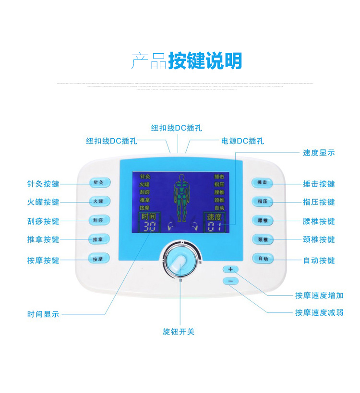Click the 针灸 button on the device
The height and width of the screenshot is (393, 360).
click(x=99, y=182)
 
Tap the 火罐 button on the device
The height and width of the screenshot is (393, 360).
click(x=99, y=201)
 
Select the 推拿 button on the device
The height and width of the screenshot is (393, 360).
click(x=99, y=238)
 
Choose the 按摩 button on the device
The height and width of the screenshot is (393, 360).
click(x=99, y=259)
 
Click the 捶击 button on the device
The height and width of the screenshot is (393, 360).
click(x=262, y=182)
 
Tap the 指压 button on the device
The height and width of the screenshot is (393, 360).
click(x=262, y=201)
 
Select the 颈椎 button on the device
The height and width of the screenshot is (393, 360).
click(x=262, y=239)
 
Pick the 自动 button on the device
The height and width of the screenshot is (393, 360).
click(x=262, y=259)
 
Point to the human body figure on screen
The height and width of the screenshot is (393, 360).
click(x=181, y=197)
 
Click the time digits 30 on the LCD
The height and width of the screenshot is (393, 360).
click(x=150, y=227)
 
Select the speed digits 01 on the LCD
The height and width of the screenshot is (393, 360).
click(x=213, y=227)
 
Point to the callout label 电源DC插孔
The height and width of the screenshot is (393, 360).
click(x=242, y=141)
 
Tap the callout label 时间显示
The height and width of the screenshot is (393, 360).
click(x=43, y=315)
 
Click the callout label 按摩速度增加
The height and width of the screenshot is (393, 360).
click(x=319, y=296)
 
